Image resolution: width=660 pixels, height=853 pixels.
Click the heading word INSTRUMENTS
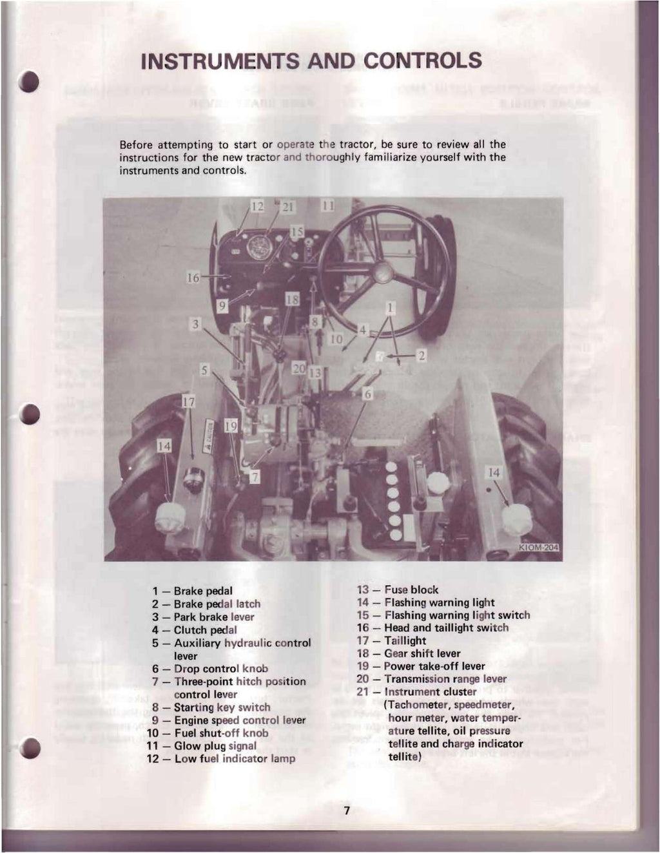click(x=220, y=61)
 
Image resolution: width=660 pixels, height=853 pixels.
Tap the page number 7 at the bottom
click(x=346, y=810)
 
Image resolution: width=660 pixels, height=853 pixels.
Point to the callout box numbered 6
click(x=367, y=394)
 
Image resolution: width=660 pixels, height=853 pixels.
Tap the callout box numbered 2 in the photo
click(x=422, y=355)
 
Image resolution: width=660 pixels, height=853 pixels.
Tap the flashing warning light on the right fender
click(x=517, y=519)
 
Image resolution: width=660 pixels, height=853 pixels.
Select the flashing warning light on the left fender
click(x=170, y=518)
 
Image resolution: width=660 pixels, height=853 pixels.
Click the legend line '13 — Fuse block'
click(x=398, y=589)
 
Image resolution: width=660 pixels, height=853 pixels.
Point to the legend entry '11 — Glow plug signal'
click(x=202, y=746)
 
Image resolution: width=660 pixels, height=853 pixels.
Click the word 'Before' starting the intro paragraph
click(x=139, y=144)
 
